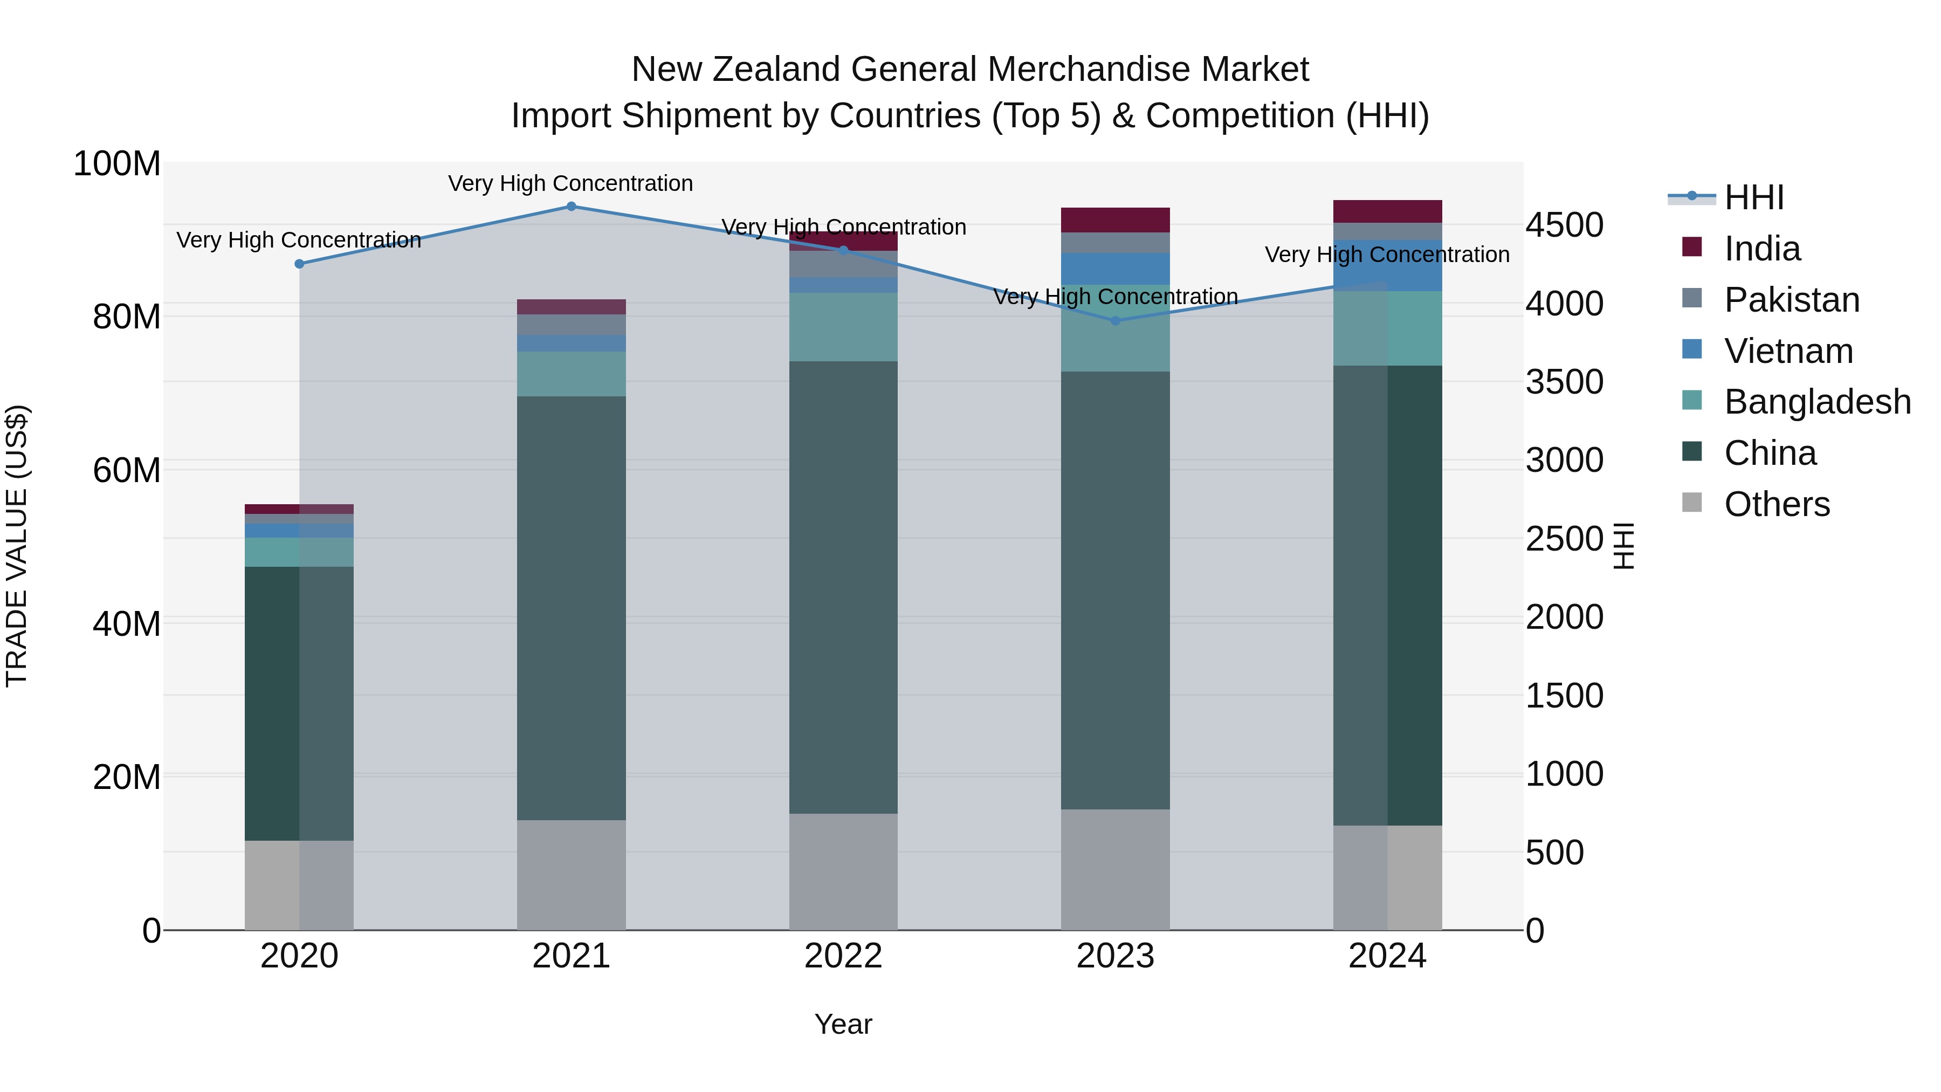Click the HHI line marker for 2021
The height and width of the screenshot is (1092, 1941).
coord(571,207)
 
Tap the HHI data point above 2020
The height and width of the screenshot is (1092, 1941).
coord(299,264)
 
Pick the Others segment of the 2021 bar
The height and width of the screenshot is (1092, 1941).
coord(571,874)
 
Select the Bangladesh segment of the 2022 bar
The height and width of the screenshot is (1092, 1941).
coord(844,327)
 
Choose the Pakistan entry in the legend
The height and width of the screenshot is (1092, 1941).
coord(1792,300)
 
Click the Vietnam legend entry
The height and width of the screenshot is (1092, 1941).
coord(1788,351)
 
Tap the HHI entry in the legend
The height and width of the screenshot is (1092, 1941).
coord(1753,197)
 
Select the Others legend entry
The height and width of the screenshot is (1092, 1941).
coord(1777,504)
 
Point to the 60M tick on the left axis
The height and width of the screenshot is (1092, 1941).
coord(127,470)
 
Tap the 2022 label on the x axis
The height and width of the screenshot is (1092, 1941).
coord(843,956)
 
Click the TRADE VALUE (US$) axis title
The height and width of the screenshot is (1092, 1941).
coord(17,546)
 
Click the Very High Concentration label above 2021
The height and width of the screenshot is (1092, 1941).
coord(570,183)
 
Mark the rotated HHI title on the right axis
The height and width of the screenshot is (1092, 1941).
coord(1624,546)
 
